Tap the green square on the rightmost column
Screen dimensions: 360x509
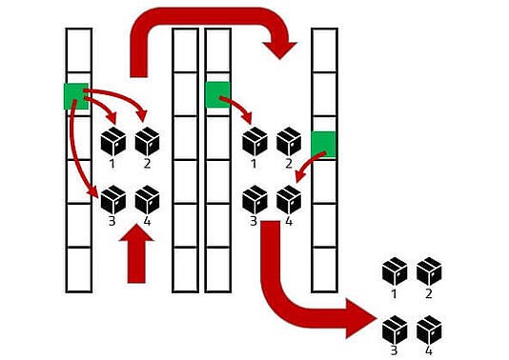(324, 143)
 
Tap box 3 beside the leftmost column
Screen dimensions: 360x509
(113, 199)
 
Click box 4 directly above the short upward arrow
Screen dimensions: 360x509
(147, 199)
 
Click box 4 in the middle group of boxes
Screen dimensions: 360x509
(289, 200)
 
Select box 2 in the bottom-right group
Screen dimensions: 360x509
(429, 271)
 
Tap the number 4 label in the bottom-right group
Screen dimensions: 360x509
(430, 351)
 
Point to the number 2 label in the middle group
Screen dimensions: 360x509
(289, 164)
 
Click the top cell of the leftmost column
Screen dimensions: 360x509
(77, 44)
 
